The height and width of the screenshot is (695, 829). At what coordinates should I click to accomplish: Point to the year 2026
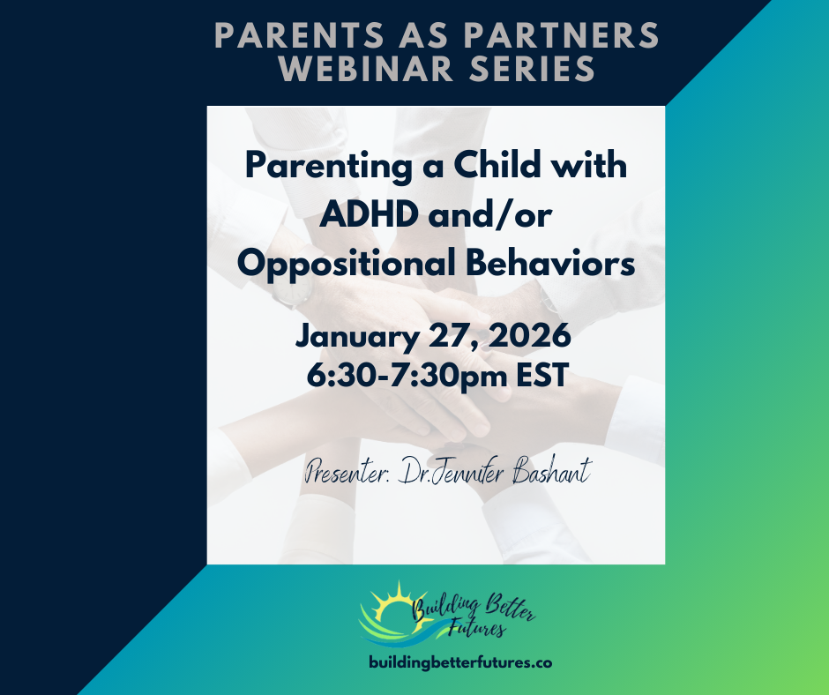(x=528, y=336)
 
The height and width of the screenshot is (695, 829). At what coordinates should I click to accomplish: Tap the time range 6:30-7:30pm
(x=404, y=375)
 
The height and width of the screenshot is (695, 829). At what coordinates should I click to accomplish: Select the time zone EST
(x=534, y=374)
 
